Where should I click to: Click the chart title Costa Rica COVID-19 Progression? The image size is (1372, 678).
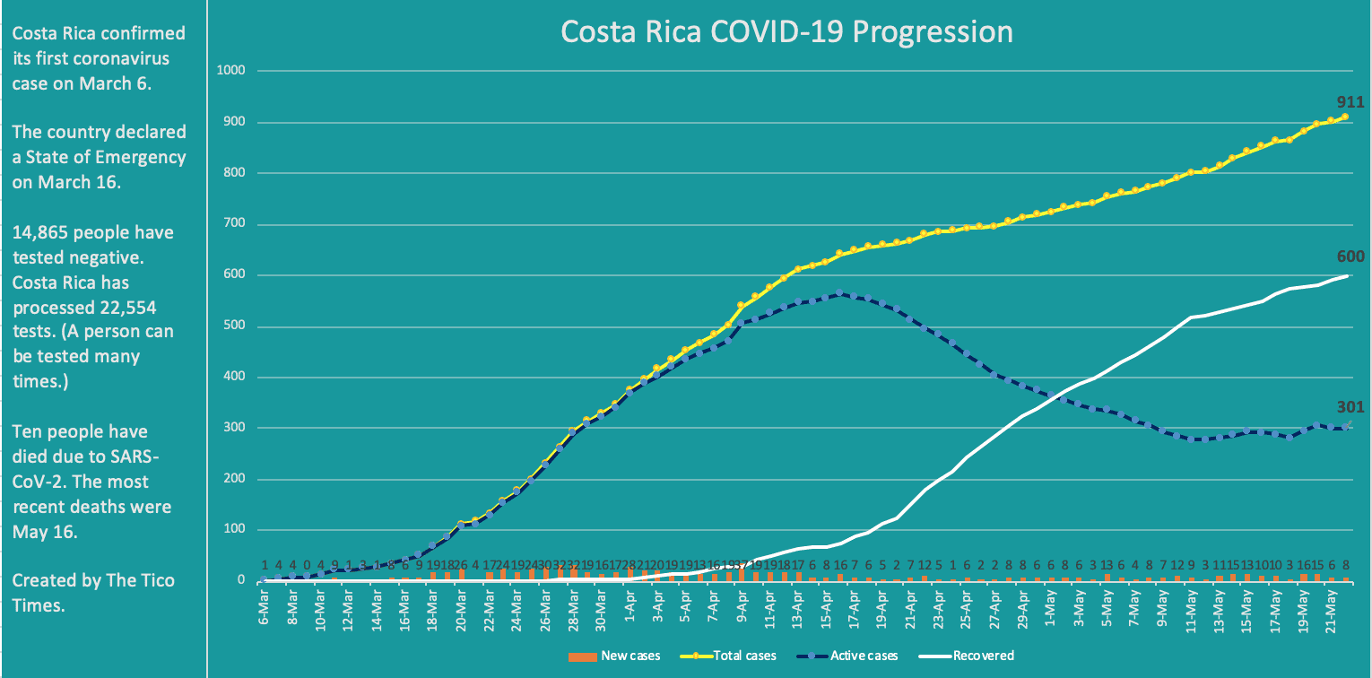pos(786,32)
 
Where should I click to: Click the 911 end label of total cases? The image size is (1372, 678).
pos(1348,101)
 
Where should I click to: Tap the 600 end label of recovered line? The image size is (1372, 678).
pos(1350,258)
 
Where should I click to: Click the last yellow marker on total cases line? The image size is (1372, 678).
pos(1344,117)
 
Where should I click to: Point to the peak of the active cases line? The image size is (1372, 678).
pos(838,293)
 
